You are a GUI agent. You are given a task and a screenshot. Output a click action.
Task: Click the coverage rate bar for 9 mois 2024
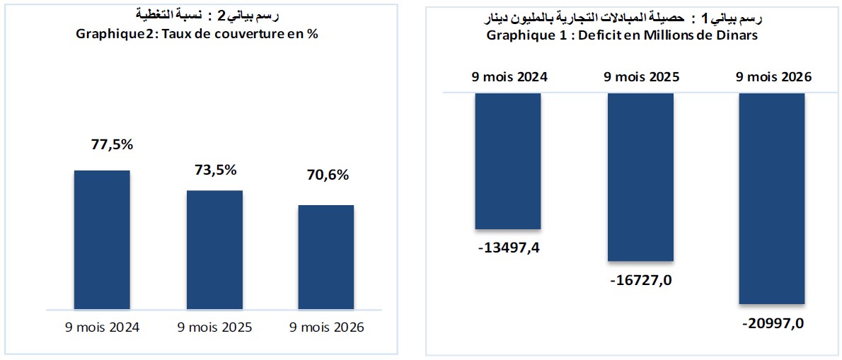coord(102,240)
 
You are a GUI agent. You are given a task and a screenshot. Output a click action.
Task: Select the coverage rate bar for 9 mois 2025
coord(214,250)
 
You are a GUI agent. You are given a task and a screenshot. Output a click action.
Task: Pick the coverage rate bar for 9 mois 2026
coord(326,257)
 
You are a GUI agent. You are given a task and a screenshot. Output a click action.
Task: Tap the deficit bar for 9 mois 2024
coord(507,161)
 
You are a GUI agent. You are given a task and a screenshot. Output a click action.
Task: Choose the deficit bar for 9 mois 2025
coord(640,177)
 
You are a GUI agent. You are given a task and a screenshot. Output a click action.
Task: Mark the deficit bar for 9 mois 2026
coord(772,199)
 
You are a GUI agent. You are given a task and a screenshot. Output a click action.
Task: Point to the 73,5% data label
coord(215,170)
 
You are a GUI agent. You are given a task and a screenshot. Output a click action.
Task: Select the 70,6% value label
coord(328,175)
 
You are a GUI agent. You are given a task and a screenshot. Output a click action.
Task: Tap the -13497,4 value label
coord(508,249)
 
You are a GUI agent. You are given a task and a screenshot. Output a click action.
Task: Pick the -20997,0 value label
coord(773,325)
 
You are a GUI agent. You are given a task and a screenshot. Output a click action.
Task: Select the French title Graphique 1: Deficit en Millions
coord(623,36)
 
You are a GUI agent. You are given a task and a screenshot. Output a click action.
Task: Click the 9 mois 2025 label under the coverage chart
coord(214,327)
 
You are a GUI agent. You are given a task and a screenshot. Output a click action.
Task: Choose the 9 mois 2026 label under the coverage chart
coord(326,327)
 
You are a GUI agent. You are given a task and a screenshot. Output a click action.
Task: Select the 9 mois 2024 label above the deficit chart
coord(509,76)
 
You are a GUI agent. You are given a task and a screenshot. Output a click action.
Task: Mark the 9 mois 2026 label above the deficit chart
coord(774,76)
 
